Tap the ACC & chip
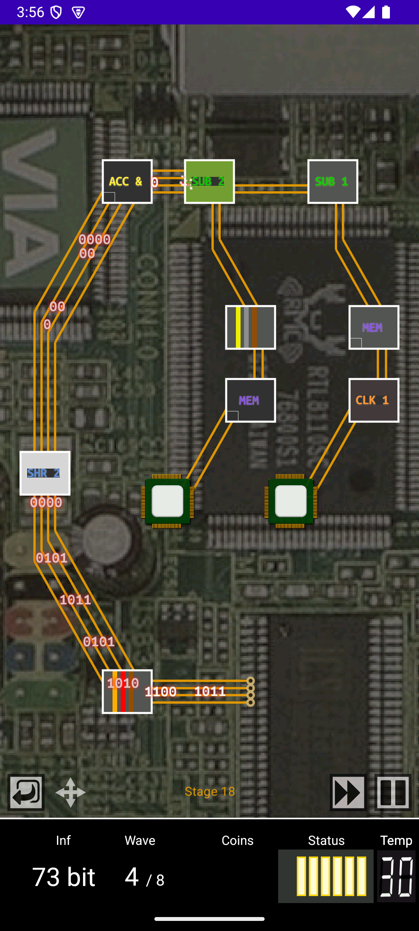click(127, 182)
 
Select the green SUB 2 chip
click(209, 182)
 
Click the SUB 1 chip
click(332, 182)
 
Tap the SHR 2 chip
click(45, 473)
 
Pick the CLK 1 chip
click(374, 400)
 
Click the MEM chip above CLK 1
click(374, 327)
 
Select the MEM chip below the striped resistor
click(250, 400)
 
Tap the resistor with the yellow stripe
click(250, 327)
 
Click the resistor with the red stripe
click(127, 692)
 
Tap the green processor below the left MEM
click(168, 501)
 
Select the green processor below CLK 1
click(291, 501)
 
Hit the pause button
click(393, 792)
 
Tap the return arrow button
click(26, 792)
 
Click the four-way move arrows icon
click(70, 792)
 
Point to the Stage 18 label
click(209, 791)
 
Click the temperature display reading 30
click(396, 876)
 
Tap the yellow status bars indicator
click(326, 876)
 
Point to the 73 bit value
click(64, 877)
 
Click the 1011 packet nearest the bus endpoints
click(210, 691)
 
